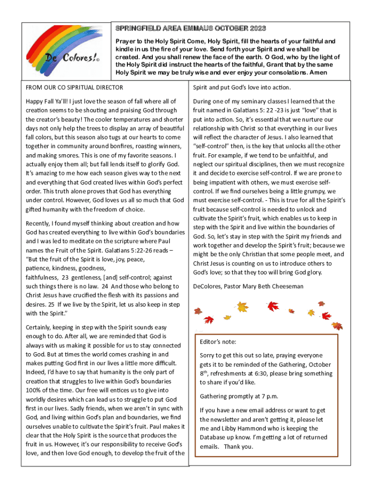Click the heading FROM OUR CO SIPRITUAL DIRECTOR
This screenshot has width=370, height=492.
point(74,87)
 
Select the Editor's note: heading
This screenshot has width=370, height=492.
point(218,342)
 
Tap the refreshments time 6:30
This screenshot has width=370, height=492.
point(264,373)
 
